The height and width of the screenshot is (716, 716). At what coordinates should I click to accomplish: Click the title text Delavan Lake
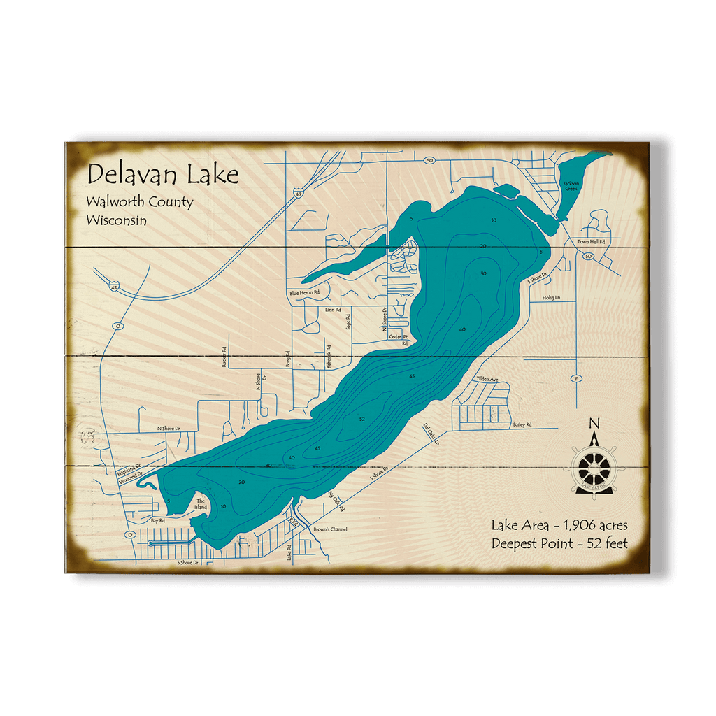(162, 174)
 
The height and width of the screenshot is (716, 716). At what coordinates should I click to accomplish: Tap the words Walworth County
(139, 202)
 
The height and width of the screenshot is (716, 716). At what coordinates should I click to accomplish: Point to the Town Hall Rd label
(590, 241)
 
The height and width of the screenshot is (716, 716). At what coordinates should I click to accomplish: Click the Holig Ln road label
(552, 297)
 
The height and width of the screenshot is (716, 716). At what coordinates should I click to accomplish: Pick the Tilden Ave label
(487, 379)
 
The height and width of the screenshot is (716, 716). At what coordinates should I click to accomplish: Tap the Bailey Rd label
(522, 424)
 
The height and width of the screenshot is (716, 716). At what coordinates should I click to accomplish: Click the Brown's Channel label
(330, 529)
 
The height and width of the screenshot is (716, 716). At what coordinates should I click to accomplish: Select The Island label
(201, 504)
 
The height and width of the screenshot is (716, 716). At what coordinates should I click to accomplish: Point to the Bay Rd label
(157, 520)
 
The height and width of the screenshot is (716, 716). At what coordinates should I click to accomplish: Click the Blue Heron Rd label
(304, 292)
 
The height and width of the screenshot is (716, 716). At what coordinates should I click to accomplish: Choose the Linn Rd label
(333, 308)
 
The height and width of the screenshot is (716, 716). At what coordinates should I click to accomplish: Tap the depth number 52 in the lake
(362, 419)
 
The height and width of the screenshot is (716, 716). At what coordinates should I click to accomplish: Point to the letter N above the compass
(594, 423)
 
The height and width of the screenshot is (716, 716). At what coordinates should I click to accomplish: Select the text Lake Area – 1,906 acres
(559, 525)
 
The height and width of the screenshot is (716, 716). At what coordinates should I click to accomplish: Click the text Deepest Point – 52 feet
(559, 543)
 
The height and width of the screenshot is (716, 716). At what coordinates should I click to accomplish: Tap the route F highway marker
(577, 378)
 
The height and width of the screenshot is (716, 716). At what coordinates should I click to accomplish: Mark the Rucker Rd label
(224, 357)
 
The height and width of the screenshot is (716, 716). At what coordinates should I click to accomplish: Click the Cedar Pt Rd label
(399, 339)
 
